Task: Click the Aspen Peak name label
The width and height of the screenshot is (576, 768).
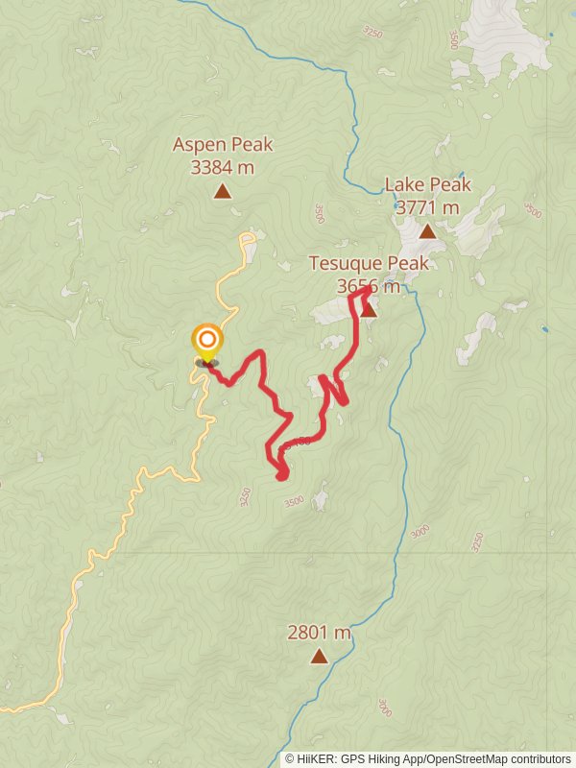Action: pos(223,145)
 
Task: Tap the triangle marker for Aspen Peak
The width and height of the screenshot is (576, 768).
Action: pos(223,191)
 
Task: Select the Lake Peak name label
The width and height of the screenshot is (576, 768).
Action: pos(427,184)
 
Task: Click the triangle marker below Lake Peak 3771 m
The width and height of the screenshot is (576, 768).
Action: pos(427,231)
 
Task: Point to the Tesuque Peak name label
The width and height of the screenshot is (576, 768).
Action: pos(368,263)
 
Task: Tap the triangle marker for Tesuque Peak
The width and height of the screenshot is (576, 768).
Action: pos(368,309)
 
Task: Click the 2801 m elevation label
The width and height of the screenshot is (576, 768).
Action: pos(319,633)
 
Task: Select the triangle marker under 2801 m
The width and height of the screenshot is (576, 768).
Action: pos(319,657)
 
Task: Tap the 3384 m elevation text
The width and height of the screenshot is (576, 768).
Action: pos(223,167)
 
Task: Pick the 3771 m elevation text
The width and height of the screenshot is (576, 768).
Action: pos(427,206)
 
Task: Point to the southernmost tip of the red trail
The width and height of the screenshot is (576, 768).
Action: pos(281,476)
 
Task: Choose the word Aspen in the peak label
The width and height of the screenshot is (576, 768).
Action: pos(199,145)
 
